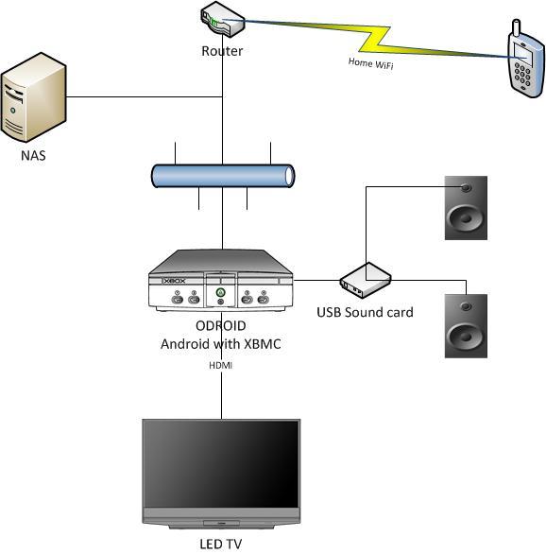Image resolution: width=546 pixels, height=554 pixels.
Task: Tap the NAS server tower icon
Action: pyautogui.click(x=33, y=97)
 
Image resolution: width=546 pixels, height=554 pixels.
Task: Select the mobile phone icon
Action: pyautogui.click(x=525, y=60)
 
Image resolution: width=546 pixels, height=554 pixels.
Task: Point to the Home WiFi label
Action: pyautogui.click(x=370, y=63)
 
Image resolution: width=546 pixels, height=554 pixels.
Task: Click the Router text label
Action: pyautogui.click(x=222, y=51)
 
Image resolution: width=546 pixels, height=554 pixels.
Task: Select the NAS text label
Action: pyautogui.click(x=33, y=156)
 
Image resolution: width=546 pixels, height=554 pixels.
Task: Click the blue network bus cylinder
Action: pyautogui.click(x=223, y=176)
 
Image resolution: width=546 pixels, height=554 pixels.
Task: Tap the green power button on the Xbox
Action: pyautogui.click(x=221, y=292)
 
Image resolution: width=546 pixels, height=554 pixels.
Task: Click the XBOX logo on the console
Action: pyautogui.click(x=175, y=281)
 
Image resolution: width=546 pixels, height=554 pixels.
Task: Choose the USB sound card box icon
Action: pyautogui.click(x=366, y=280)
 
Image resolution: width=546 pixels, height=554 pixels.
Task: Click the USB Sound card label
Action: pyautogui.click(x=365, y=312)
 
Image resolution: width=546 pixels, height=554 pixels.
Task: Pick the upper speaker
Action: pyautogui.click(x=466, y=208)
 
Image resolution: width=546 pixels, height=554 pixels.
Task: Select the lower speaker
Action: pyautogui.click(x=466, y=326)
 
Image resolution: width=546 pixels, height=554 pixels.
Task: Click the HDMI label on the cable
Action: pyautogui.click(x=221, y=365)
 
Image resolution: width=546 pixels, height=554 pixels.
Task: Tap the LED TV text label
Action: pyautogui.click(x=221, y=544)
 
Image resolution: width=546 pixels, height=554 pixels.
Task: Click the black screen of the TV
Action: pyautogui.click(x=221, y=464)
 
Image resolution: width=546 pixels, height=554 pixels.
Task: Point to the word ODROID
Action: pyautogui.click(x=221, y=326)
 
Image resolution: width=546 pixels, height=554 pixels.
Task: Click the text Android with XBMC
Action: pyautogui.click(x=221, y=344)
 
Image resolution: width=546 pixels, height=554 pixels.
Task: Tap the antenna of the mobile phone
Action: pyautogui.click(x=517, y=27)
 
